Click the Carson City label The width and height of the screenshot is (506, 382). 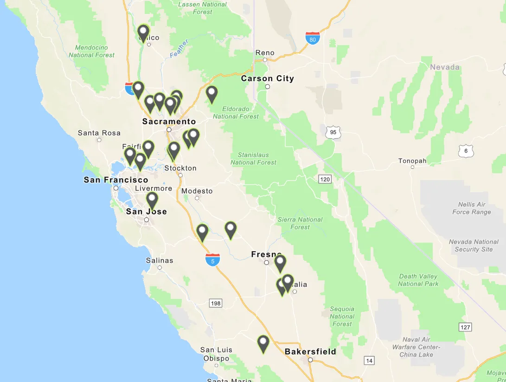[x=268, y=78]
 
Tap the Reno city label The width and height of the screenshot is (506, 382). [x=265, y=53]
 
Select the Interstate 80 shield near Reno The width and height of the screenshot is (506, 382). [x=313, y=38]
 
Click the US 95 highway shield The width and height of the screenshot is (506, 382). [x=333, y=132]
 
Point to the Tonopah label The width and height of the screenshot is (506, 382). [x=412, y=161]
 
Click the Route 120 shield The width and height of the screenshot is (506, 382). [x=325, y=179]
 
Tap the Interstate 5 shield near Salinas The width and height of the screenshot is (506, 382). [x=212, y=260]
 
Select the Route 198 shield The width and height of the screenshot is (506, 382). [x=216, y=303]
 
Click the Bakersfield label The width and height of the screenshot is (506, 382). [x=310, y=351]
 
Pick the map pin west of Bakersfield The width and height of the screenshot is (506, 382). [x=263, y=343]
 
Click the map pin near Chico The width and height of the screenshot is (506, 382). [x=143, y=32]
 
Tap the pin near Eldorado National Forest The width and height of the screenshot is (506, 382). [x=211, y=93]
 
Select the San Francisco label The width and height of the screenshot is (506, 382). [x=116, y=180]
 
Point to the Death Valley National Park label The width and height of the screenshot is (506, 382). [x=418, y=280]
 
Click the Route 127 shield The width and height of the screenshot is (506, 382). [x=466, y=327]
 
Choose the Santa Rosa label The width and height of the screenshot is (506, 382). [x=99, y=133]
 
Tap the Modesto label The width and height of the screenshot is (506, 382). [x=197, y=191]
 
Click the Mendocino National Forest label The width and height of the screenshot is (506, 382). [x=91, y=51]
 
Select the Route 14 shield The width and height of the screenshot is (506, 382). [x=369, y=361]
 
